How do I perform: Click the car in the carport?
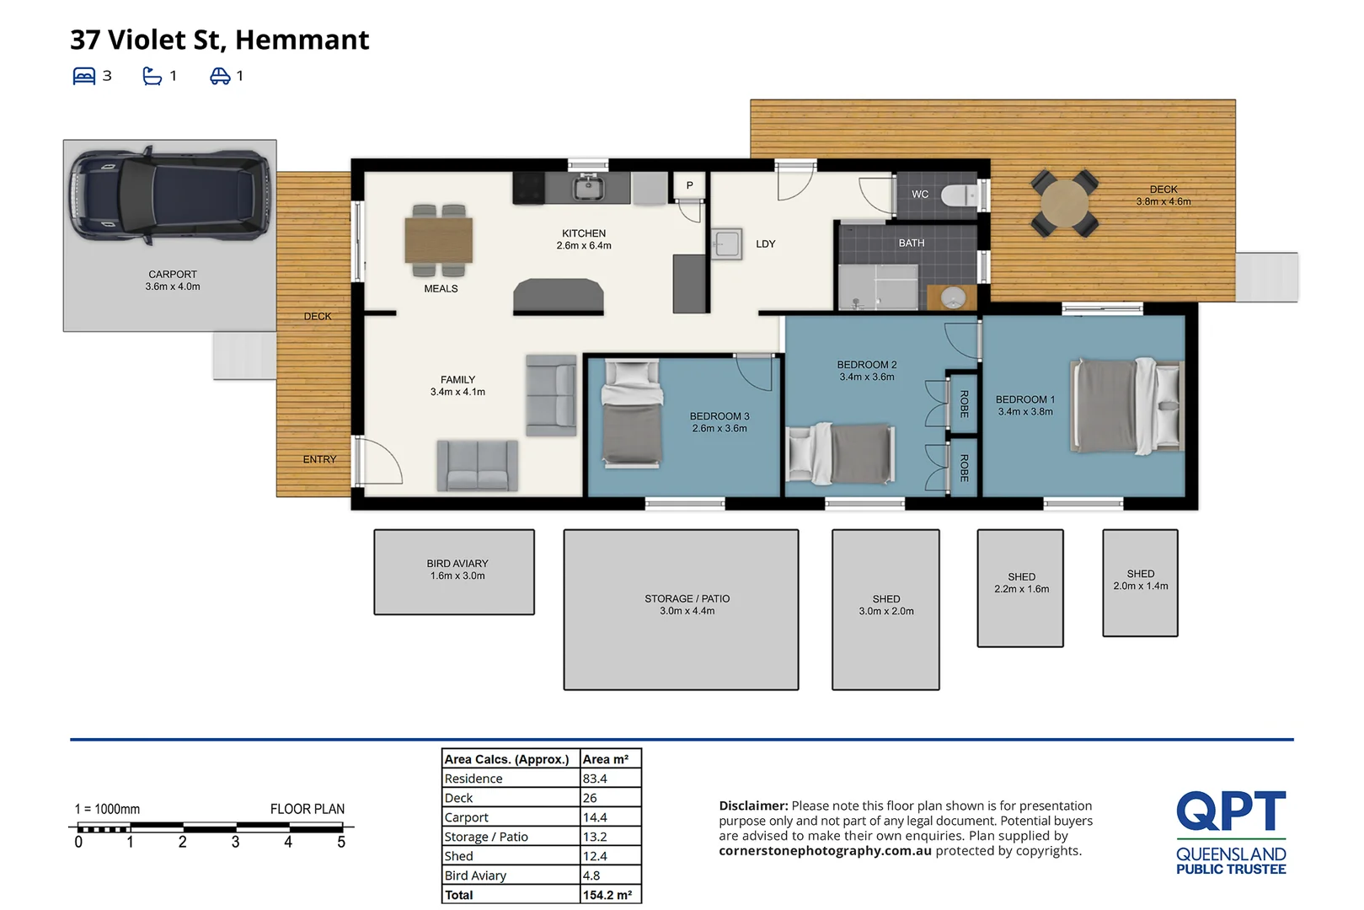tap(169, 195)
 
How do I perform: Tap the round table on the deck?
tap(1064, 203)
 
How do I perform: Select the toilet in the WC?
tap(958, 195)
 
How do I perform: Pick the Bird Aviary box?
tap(454, 572)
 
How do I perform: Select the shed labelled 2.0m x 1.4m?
tap(1140, 582)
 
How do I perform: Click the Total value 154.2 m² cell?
tap(608, 895)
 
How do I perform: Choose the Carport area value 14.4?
tap(595, 817)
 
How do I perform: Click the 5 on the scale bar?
tap(341, 842)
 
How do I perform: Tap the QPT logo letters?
tap(1230, 811)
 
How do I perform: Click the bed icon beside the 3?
tap(84, 77)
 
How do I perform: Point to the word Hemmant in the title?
tap(302, 40)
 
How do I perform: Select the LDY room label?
tap(765, 244)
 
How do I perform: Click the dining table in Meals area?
tap(438, 240)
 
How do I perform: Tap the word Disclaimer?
tap(752, 806)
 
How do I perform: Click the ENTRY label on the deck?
tap(319, 459)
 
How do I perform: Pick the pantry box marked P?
tap(689, 185)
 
